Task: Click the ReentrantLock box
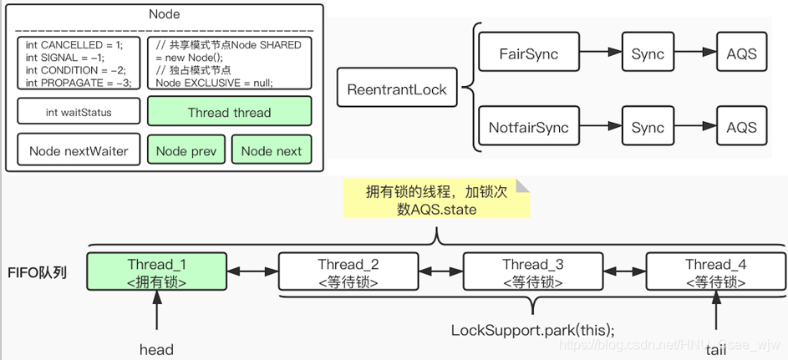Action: click(x=397, y=89)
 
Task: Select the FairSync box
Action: click(x=528, y=54)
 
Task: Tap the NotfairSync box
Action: click(x=528, y=128)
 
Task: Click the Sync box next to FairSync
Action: click(x=648, y=54)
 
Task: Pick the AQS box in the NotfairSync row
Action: click(x=741, y=128)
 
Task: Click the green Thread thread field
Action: click(x=229, y=113)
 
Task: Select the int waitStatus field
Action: click(x=79, y=113)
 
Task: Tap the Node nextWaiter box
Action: click(x=79, y=151)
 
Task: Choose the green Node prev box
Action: click(x=186, y=151)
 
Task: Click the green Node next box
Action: click(x=271, y=151)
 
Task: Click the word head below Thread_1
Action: click(x=156, y=349)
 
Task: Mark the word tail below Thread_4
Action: click(x=716, y=349)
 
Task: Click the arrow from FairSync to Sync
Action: click(x=600, y=54)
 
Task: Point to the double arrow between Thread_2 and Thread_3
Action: click(x=440, y=272)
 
